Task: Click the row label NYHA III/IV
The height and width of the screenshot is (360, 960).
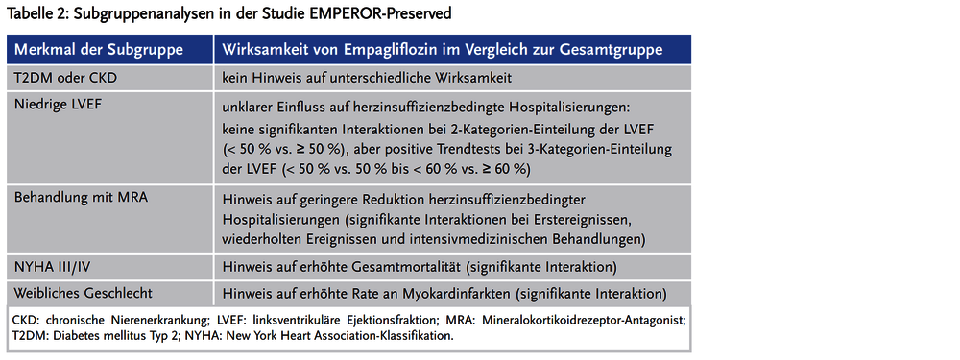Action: click(55, 265)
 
